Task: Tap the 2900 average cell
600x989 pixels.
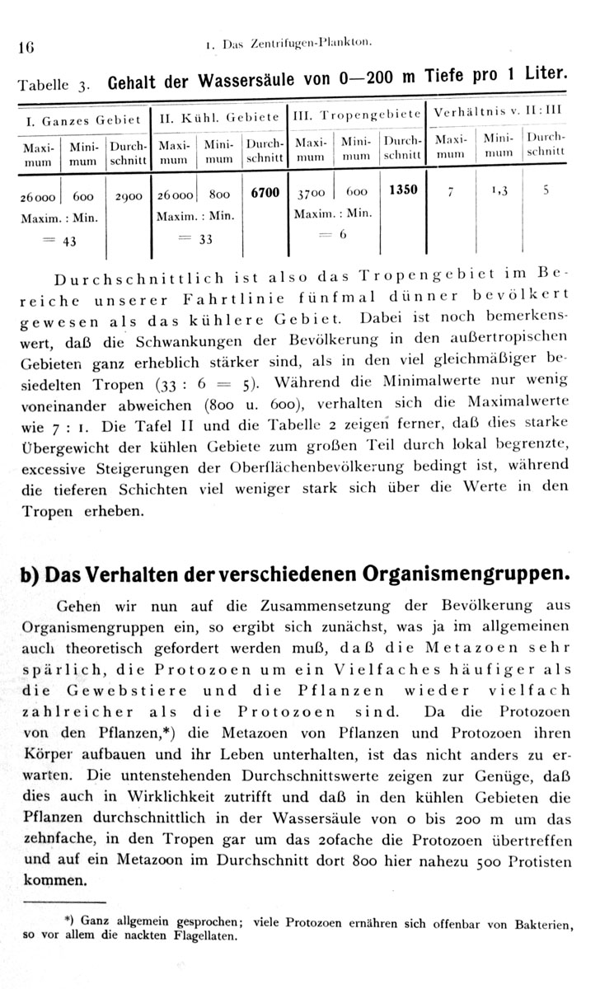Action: (128, 198)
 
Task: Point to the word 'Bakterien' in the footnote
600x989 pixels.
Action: (538, 924)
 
